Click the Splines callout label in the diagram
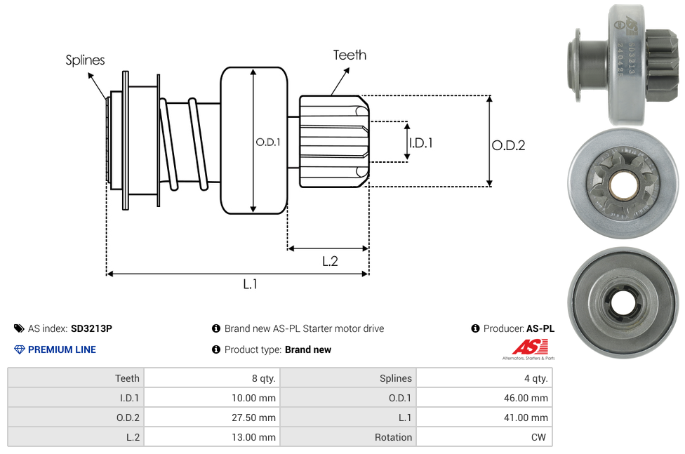[x=85, y=60]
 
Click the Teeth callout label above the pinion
[x=350, y=55]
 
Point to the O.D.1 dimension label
[x=268, y=142]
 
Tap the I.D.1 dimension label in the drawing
[x=420, y=142]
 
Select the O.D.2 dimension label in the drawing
[x=508, y=146]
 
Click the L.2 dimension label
[x=330, y=261]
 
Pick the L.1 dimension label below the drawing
[x=251, y=284]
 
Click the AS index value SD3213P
[x=91, y=328]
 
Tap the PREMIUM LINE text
[x=62, y=349]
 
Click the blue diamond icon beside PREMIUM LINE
[x=20, y=349]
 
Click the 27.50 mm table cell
[x=253, y=418]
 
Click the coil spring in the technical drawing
[x=184, y=144]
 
